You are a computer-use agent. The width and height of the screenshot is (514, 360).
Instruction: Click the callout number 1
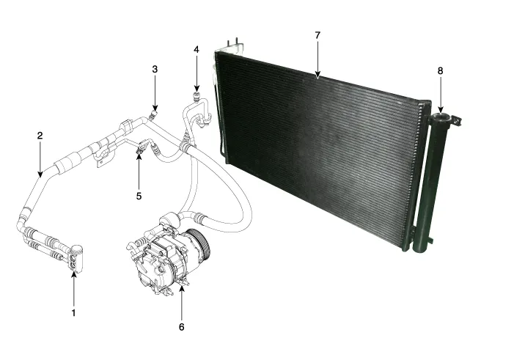[73, 312]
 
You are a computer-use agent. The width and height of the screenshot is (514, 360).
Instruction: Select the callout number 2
[40, 136]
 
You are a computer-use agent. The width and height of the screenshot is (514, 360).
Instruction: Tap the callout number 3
[155, 69]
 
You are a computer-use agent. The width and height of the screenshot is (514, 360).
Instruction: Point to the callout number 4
[197, 49]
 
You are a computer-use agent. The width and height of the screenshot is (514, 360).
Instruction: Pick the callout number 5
[139, 196]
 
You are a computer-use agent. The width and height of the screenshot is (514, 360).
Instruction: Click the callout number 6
[181, 326]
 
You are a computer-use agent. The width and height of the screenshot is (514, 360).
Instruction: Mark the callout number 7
[317, 34]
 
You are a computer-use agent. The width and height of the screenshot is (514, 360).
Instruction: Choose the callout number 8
[440, 70]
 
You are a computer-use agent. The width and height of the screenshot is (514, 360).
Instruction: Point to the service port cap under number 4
[197, 93]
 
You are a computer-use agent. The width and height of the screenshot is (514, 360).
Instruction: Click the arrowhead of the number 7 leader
[317, 76]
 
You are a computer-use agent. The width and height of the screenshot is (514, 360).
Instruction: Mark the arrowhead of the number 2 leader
[40, 177]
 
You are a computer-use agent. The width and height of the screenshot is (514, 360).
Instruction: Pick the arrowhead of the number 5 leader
[139, 156]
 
